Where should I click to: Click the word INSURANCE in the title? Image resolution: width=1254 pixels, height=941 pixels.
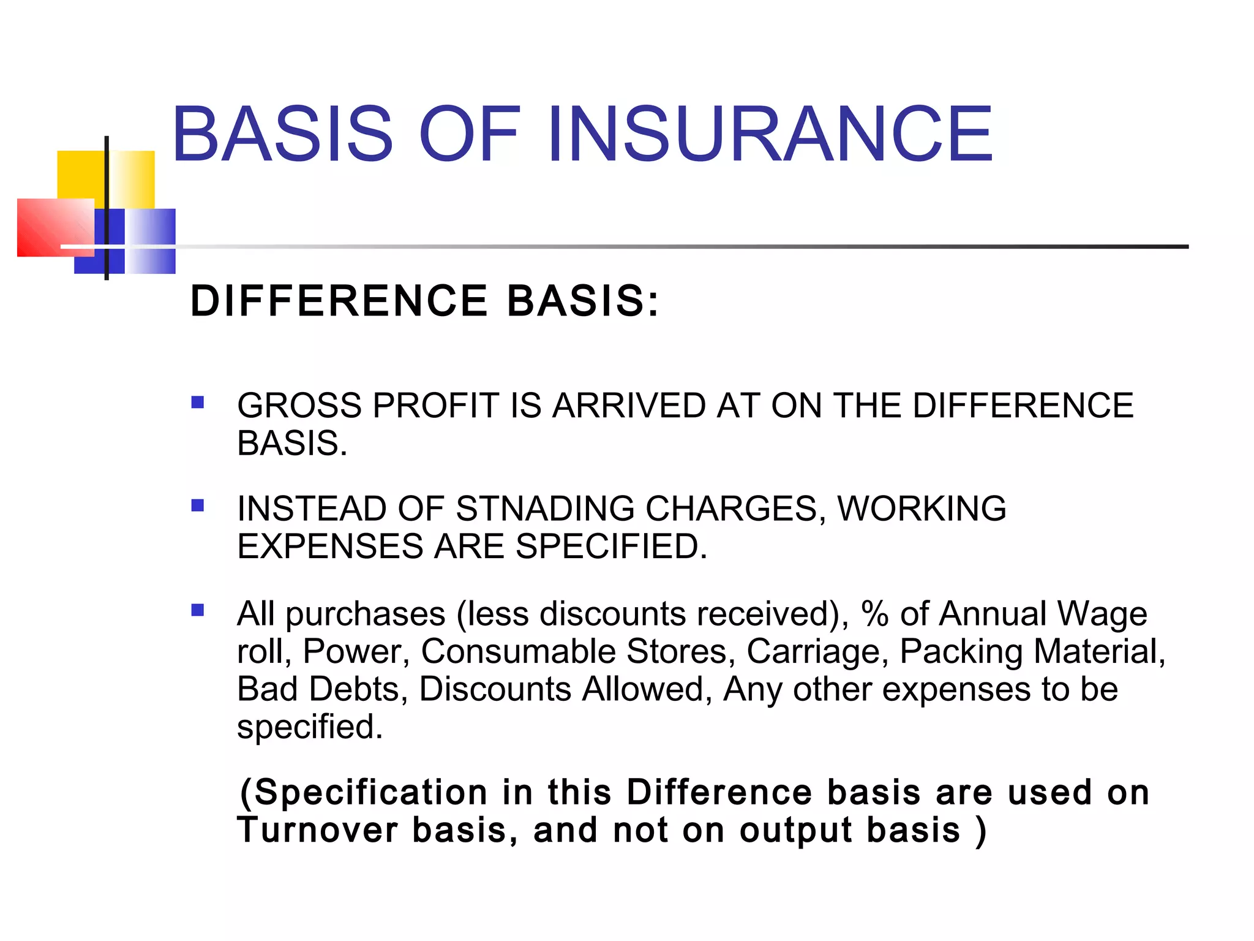point(770,134)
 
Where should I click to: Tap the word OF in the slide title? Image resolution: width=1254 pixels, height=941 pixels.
point(469,134)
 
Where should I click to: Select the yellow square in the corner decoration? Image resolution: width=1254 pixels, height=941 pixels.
point(81,175)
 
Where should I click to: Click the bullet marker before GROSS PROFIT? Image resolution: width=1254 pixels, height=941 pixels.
point(197,402)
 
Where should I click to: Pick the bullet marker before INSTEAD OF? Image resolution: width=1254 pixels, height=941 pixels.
point(197,505)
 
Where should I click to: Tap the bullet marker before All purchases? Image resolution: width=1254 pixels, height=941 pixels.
point(197,610)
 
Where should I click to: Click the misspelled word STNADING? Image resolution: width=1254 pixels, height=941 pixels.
point(545,508)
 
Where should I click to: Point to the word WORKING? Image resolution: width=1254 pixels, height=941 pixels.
point(922,508)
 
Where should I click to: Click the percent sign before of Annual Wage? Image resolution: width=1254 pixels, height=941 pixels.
point(874,614)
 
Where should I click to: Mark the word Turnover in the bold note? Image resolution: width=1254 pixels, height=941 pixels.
point(318,830)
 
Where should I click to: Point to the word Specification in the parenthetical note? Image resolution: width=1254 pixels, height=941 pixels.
point(370,792)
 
